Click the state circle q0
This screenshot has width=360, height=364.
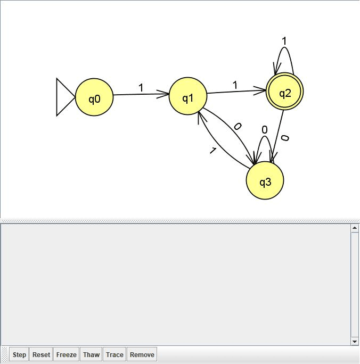coord(94,97)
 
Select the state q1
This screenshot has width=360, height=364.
coord(188,97)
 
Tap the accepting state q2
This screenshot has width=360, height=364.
coord(285,93)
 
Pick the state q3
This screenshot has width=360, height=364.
coord(265,181)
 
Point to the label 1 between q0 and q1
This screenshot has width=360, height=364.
coord(141,88)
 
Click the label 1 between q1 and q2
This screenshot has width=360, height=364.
coord(235,85)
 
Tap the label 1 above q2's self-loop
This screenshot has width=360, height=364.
coord(284,41)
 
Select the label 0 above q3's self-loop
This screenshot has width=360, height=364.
coord(265,129)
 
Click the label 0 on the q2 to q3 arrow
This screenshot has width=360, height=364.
coord(285,138)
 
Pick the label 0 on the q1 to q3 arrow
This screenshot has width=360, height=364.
coord(238,127)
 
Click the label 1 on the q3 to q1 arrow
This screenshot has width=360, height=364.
coord(212,151)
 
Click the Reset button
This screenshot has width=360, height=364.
coord(41,355)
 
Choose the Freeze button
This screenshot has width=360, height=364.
coord(67,355)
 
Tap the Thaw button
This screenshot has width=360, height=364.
coord(91,355)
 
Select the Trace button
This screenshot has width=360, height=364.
coord(114,355)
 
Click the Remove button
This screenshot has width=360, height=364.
coord(142,355)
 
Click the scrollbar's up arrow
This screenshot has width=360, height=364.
coord(355,228)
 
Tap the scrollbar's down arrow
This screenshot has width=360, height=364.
coord(355,341)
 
